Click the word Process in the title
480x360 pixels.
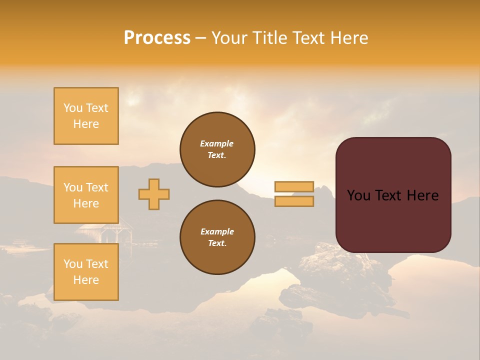point(157,38)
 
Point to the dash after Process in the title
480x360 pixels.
point(200,38)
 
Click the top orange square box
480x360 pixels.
point(86,116)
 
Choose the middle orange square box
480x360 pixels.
point(86,195)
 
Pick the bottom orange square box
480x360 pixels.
point(86,272)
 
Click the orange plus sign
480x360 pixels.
point(154,194)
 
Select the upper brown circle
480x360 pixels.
point(217,149)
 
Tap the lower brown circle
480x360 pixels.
point(217,237)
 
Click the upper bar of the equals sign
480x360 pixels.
point(294,186)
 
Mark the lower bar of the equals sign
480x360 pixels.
point(294,201)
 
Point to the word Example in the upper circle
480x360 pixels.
point(217,143)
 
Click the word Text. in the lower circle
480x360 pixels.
point(217,243)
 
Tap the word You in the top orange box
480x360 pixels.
point(72,108)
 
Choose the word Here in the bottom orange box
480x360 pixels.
point(86,280)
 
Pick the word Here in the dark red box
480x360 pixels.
point(422,195)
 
